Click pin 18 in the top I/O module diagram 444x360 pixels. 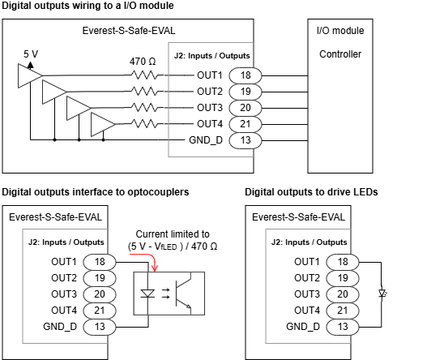pyautogui.click(x=245, y=75)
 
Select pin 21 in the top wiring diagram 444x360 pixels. pyautogui.click(x=245, y=124)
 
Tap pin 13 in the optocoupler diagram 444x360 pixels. pyautogui.click(x=100, y=327)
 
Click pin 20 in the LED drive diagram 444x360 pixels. pyautogui.click(x=343, y=294)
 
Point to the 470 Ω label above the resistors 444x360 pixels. pyautogui.click(x=143, y=62)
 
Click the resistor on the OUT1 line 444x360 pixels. pyautogui.click(x=144, y=75)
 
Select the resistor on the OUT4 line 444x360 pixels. pyautogui.click(x=144, y=124)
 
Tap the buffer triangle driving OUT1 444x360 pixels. pyautogui.click(x=29, y=75)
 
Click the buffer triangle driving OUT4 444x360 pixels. pyautogui.click(x=103, y=124)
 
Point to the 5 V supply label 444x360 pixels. pyautogui.click(x=31, y=54)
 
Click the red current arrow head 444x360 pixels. pyautogui.click(x=155, y=268)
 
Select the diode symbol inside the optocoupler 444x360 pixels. pyautogui.click(x=147, y=294)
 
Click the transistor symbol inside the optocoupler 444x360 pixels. pyautogui.click(x=183, y=294)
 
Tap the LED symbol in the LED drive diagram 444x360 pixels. pyautogui.click(x=382, y=294)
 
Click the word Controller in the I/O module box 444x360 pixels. pyautogui.click(x=340, y=54)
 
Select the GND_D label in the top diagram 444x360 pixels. pyautogui.click(x=206, y=140)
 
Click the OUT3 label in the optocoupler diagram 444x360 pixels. pyautogui.click(x=64, y=294)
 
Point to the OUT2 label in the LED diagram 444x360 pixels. pyautogui.click(x=307, y=278)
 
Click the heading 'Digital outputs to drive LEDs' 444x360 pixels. pyautogui.click(x=311, y=192)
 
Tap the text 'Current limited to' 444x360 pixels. pyautogui.click(x=173, y=234)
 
